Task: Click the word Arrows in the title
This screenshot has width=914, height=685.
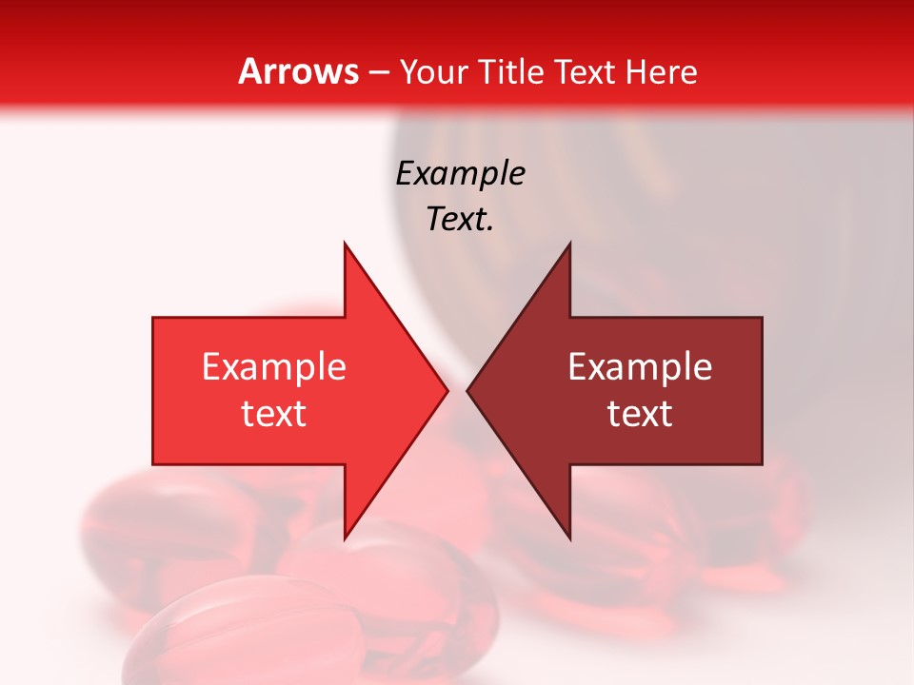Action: pyautogui.click(x=299, y=71)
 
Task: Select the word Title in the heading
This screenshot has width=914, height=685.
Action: pyautogui.click(x=509, y=71)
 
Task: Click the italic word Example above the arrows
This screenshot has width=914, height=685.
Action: pyautogui.click(x=460, y=173)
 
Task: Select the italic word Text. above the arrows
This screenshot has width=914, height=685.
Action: pyautogui.click(x=460, y=220)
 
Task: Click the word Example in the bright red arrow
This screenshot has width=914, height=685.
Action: pyautogui.click(x=273, y=366)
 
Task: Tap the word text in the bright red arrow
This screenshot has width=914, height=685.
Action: pyautogui.click(x=273, y=413)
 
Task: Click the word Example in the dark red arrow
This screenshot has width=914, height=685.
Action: pyautogui.click(x=640, y=366)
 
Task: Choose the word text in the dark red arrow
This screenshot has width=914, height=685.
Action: pyautogui.click(x=640, y=413)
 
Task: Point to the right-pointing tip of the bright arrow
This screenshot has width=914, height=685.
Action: pyautogui.click(x=447, y=390)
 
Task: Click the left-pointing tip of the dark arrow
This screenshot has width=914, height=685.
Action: pyautogui.click(x=467, y=390)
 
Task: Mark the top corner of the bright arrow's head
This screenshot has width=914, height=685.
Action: pyautogui.click(x=345, y=243)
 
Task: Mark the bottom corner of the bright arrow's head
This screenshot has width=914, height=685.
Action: pyautogui.click(x=345, y=538)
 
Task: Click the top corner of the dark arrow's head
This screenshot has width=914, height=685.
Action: pyautogui.click(x=569, y=243)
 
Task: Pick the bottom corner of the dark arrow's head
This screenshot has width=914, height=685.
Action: pyautogui.click(x=569, y=538)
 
